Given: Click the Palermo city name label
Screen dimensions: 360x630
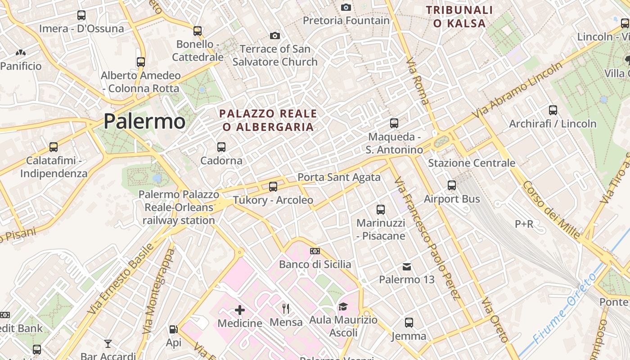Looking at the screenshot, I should [144, 121].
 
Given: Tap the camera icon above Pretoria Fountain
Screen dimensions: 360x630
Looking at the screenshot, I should [346, 7].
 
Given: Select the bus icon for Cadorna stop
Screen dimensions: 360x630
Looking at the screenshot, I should [221, 147].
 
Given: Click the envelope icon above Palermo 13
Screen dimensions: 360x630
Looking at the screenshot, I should [407, 267].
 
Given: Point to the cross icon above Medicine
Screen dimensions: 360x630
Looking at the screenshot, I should [240, 310].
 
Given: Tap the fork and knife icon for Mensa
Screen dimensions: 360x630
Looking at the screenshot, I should [286, 308].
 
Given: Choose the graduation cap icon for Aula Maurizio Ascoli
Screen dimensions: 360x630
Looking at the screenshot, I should [343, 306].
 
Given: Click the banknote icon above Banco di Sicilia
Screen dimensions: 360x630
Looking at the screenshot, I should [315, 251].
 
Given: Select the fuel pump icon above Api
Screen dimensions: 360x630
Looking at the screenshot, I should [173, 329].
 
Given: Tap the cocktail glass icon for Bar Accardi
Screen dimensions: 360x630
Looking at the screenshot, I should [108, 344].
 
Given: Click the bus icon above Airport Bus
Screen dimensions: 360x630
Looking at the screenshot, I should [452, 185].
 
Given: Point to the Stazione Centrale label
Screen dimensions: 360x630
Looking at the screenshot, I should [472, 163].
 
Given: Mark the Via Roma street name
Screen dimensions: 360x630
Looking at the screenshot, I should [417, 81].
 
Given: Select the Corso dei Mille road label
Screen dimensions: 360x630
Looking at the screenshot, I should [551, 210].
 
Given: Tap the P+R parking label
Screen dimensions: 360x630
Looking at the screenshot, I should [524, 224].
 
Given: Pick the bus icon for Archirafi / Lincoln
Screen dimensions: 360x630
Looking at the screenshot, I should [553, 110].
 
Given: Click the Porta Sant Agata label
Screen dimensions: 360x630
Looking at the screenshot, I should [339, 177].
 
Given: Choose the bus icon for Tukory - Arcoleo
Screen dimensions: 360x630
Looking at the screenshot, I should [273, 186].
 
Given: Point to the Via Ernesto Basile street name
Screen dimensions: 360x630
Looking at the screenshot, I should [121, 279].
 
